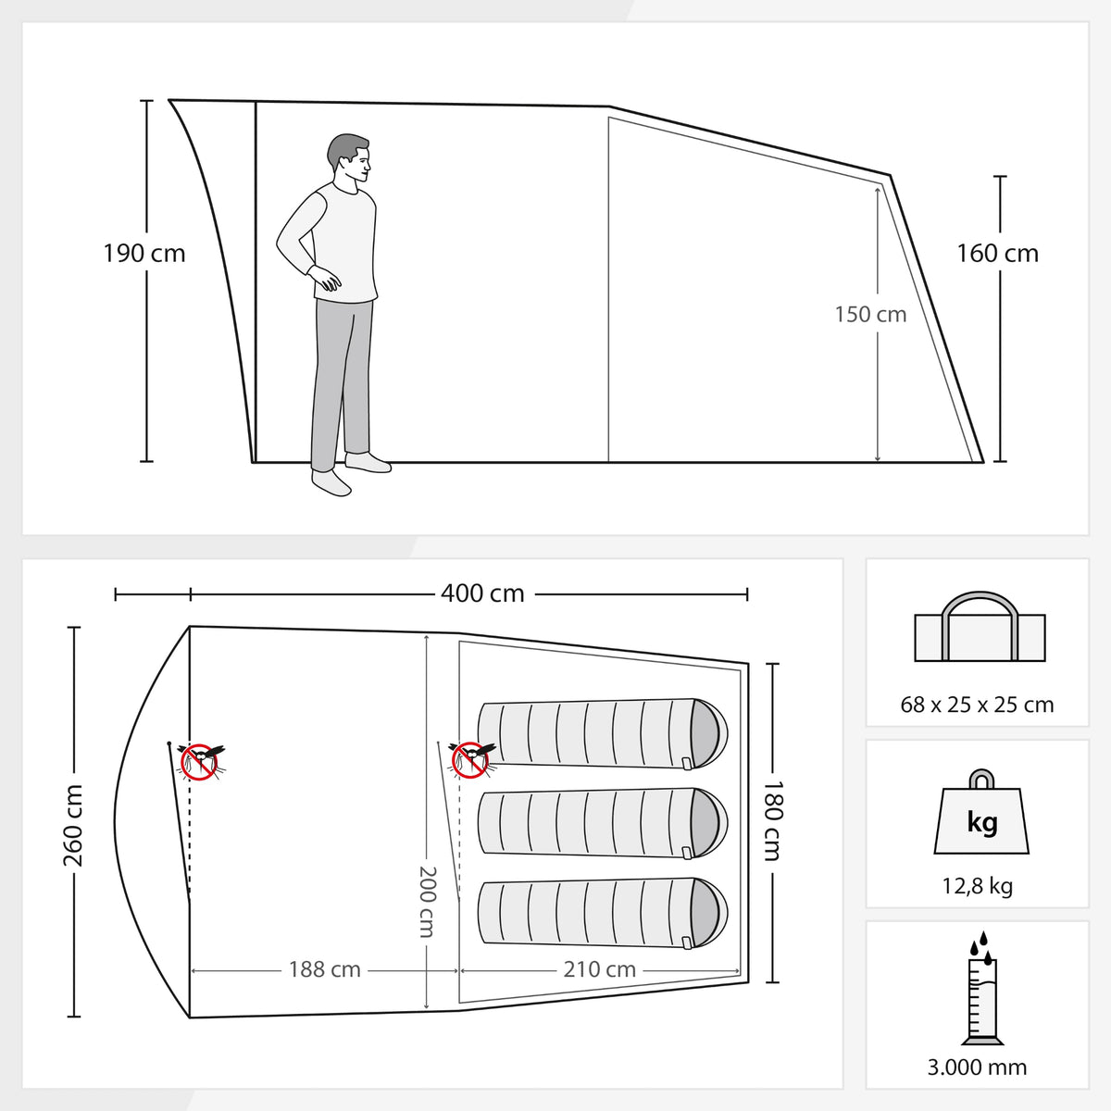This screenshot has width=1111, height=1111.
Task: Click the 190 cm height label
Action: (144, 254)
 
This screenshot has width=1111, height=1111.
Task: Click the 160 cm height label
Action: (997, 254)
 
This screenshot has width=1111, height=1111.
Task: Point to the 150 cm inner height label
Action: (870, 314)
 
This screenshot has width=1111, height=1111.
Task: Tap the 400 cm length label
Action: (482, 593)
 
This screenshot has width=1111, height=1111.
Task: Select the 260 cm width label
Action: (73, 826)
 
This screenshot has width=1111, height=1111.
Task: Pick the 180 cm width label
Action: (772, 821)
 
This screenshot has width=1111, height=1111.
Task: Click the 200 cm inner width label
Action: (427, 902)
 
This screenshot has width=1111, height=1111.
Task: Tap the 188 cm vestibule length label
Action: (325, 969)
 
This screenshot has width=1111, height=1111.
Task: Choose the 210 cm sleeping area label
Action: (600, 969)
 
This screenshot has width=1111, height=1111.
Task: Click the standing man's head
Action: (349, 158)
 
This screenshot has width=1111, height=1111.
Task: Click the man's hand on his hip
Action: (326, 279)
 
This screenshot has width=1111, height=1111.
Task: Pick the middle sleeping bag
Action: (603, 824)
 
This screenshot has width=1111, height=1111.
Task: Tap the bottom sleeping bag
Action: (603, 913)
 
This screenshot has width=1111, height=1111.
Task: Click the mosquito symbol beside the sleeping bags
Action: (470, 759)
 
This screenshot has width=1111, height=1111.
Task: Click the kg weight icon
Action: (981, 813)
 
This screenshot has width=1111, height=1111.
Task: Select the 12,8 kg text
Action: (978, 886)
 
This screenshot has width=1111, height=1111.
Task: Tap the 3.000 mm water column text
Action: (978, 1067)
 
